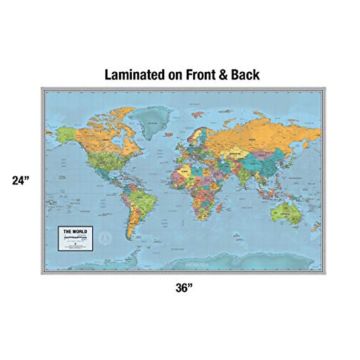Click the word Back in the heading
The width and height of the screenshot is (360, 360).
(x=245, y=75)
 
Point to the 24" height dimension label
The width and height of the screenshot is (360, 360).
(x=20, y=181)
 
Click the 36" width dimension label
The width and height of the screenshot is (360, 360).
(x=184, y=288)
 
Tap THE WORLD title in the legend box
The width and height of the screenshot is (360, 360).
(x=75, y=231)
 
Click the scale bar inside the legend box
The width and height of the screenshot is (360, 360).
(x=75, y=237)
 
